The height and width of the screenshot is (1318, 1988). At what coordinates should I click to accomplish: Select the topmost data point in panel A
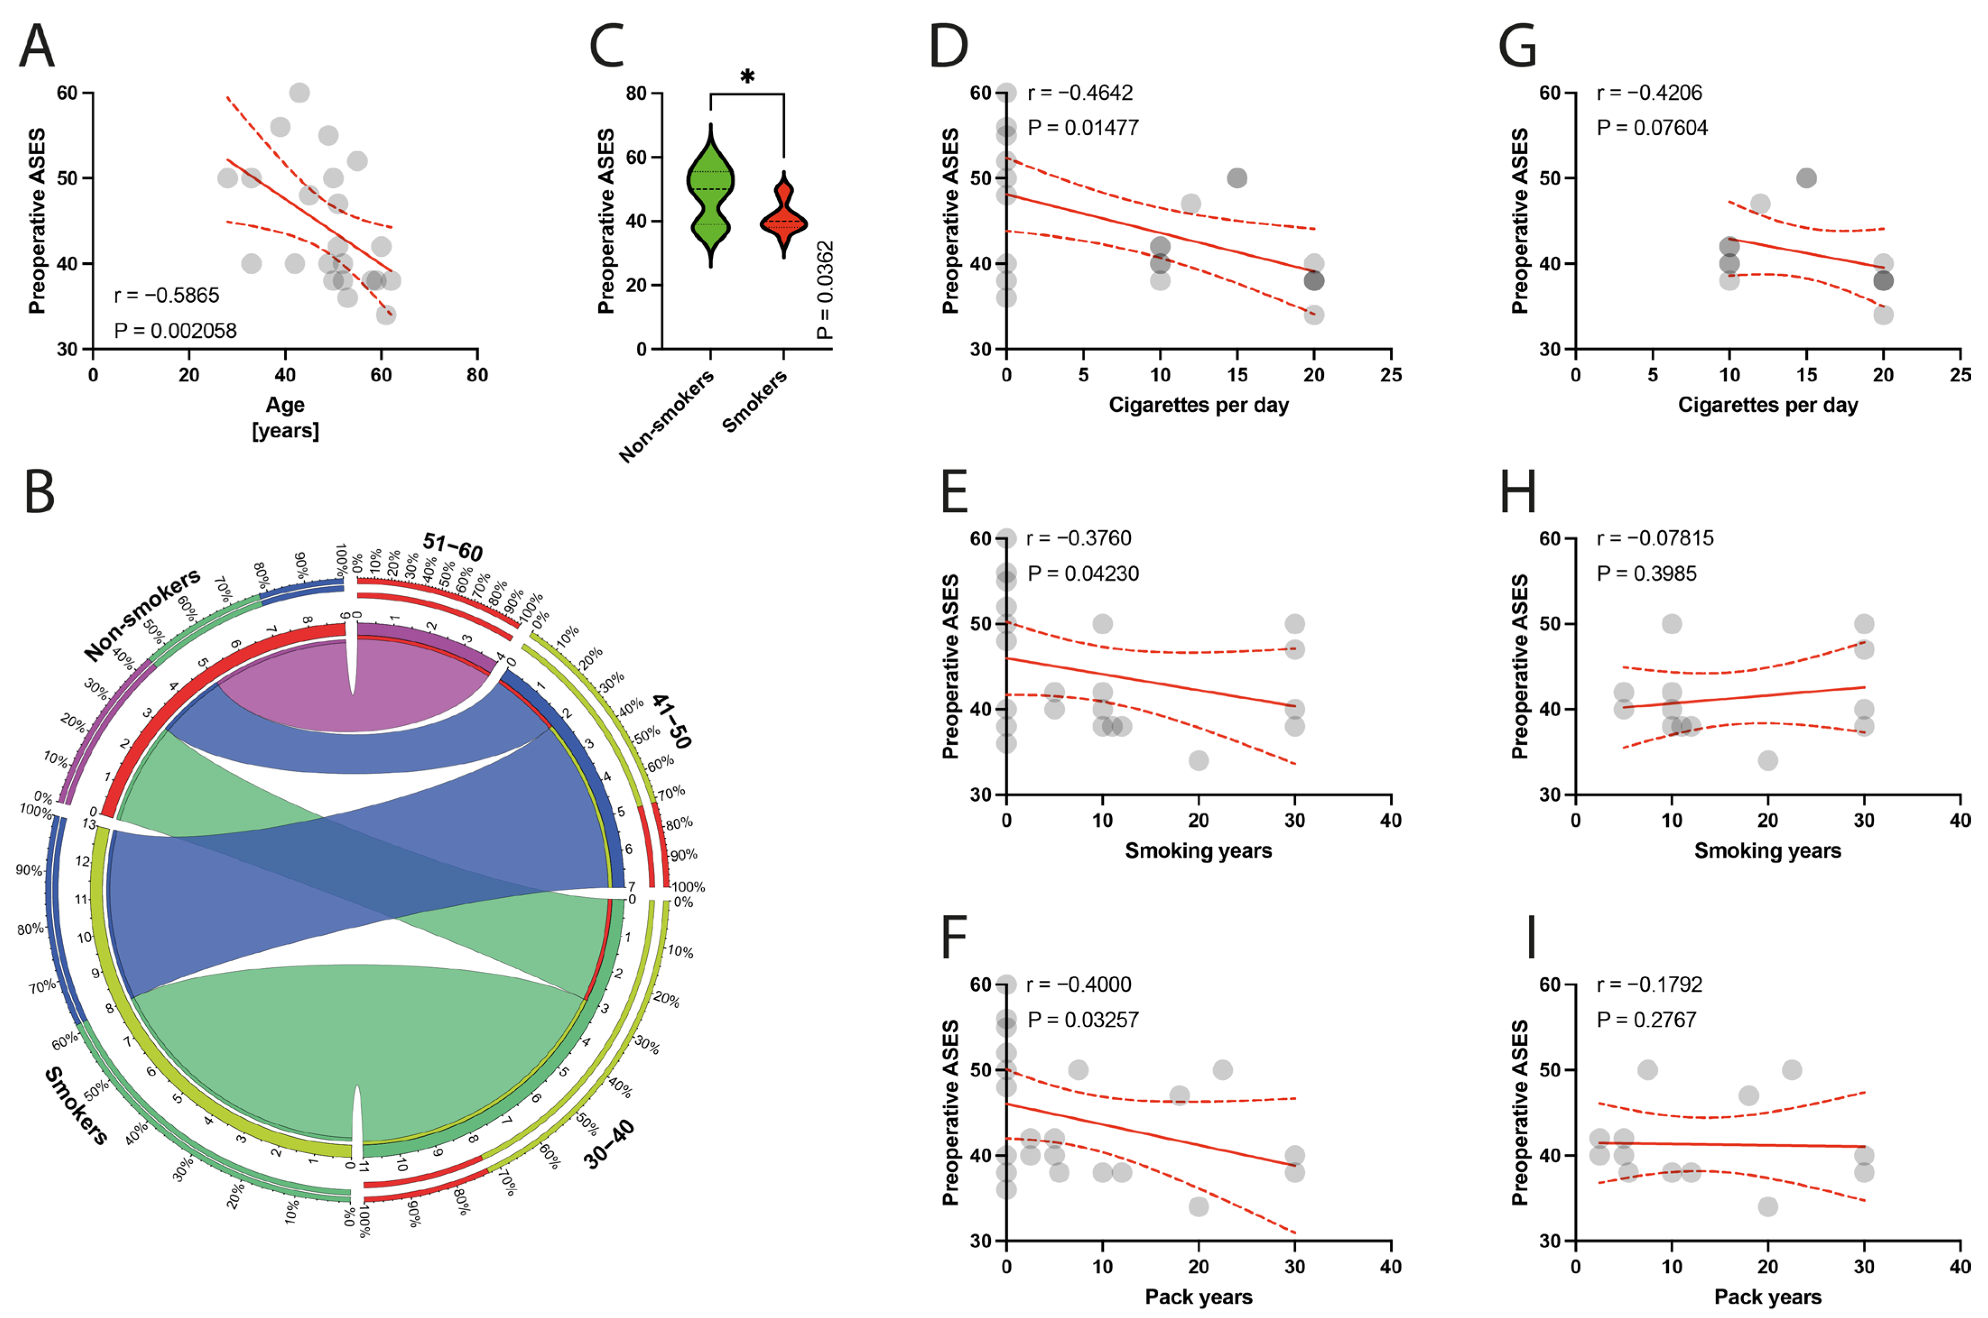(299, 93)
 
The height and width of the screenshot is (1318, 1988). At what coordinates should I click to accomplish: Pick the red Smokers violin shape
(784, 218)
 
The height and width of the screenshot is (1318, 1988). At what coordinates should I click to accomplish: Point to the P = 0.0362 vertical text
(826, 290)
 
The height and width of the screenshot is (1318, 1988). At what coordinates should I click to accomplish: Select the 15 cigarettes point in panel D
(1236, 178)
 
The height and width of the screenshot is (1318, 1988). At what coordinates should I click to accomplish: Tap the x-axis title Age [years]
(285, 417)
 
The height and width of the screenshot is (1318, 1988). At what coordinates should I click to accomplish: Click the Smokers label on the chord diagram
(76, 1105)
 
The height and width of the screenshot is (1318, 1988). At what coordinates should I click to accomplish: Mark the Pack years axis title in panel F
(1198, 1297)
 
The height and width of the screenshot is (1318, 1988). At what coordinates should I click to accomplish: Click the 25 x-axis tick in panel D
(1390, 375)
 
